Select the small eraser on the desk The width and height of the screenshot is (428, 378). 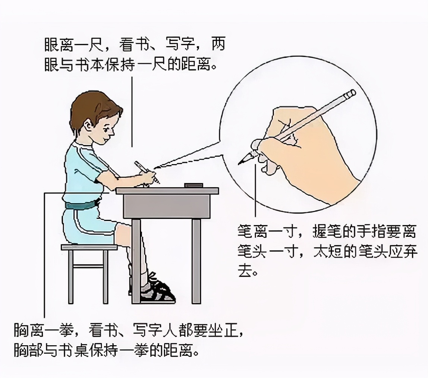click(x=193, y=185)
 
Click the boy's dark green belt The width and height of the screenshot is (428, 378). click(x=80, y=205)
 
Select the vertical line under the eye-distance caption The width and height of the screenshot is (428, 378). click(x=132, y=112)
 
